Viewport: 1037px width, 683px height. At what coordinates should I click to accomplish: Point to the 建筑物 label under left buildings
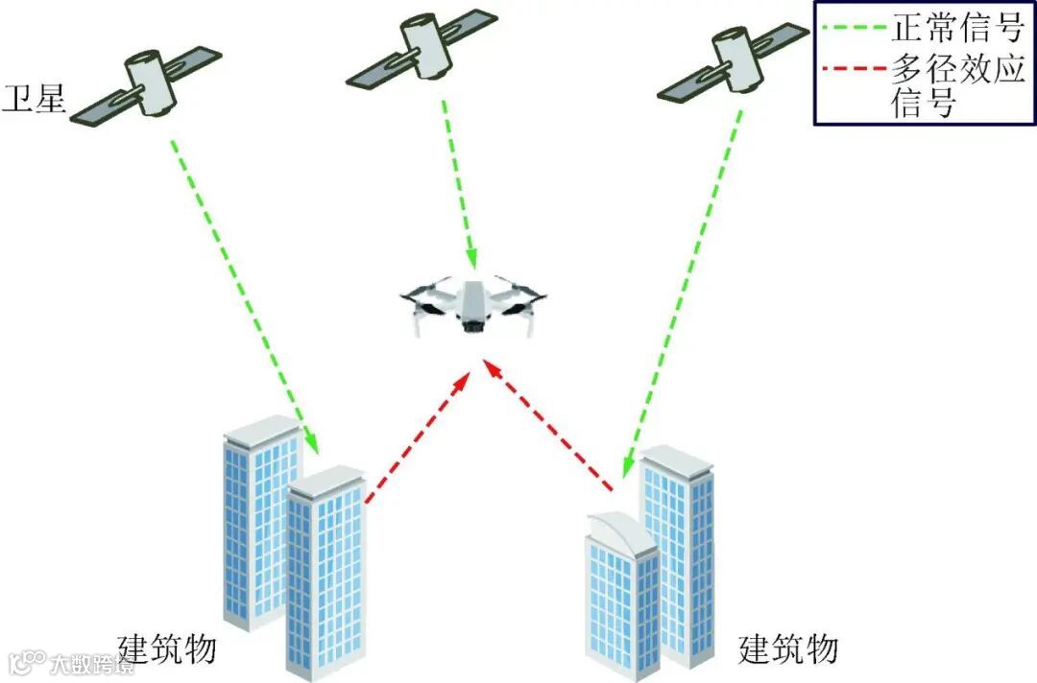point(167,649)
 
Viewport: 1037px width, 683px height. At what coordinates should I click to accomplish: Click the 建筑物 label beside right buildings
point(789,649)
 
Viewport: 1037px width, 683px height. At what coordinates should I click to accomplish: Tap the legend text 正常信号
point(957,28)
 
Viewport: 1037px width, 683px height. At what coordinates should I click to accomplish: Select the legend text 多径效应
point(958,69)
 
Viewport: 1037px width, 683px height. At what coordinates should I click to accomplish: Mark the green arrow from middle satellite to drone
point(459,182)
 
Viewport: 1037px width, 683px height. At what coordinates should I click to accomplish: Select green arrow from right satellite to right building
point(682,297)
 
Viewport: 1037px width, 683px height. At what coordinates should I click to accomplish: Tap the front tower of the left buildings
point(326,576)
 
